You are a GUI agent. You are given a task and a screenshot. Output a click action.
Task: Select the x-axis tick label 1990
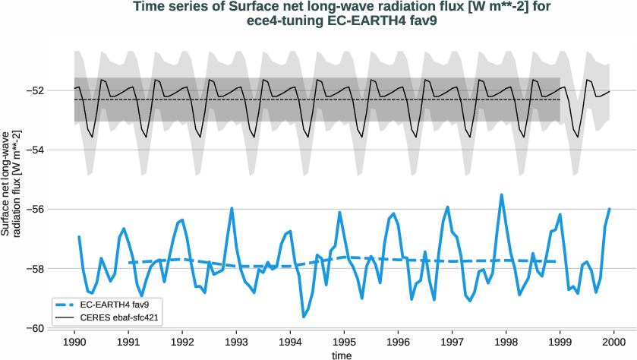coord(74,342)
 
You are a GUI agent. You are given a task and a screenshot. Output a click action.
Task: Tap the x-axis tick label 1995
coord(345,342)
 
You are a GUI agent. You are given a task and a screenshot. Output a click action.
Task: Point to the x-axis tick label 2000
coord(614,342)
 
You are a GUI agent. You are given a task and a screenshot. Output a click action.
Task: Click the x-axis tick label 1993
coord(237,342)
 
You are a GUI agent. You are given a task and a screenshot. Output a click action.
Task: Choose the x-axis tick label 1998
coord(506,342)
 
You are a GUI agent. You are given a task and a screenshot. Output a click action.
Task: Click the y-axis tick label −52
coord(36,90)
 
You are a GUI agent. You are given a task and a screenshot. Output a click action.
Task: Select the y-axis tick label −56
coord(36,209)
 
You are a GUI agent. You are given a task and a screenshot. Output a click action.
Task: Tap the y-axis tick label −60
coord(36,328)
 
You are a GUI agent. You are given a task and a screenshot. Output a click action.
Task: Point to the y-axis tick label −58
coord(36,269)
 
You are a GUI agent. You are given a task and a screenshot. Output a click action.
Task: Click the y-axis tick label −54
coord(36,150)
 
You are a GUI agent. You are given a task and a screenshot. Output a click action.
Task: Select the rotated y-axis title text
coord(11,181)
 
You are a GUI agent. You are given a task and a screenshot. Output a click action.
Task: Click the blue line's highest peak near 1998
coord(501,194)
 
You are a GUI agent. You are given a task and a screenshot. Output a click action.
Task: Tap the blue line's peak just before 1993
coord(232,207)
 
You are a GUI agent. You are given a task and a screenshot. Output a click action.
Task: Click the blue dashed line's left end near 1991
coord(129,262)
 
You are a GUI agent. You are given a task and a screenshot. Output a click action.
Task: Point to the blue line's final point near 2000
coord(610,208)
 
